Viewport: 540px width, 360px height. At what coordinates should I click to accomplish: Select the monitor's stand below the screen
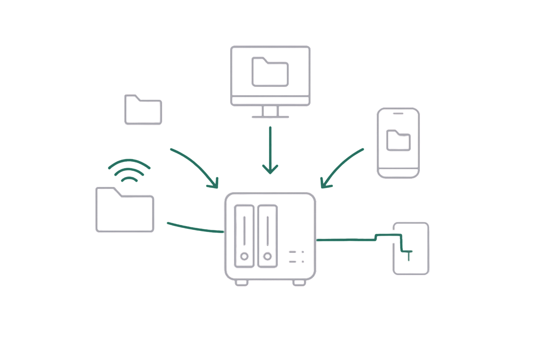tap(270, 112)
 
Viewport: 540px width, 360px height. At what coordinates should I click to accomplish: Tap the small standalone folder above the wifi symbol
tap(143, 109)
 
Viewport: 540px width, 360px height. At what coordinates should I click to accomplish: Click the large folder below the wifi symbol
tap(125, 210)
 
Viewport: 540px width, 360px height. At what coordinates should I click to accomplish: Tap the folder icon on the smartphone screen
tap(398, 140)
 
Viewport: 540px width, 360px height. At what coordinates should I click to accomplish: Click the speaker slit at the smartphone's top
tap(398, 114)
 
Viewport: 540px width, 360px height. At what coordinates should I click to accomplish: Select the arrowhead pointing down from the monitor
tap(270, 171)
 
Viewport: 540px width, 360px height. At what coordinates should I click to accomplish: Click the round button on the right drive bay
tap(268, 256)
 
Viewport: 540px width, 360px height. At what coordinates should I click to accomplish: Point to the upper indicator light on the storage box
tap(303, 252)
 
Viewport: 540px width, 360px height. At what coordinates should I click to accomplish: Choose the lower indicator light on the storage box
tap(303, 262)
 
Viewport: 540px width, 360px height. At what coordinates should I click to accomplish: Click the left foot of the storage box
tap(242, 283)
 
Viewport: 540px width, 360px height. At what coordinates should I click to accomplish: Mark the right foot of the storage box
tap(299, 283)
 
